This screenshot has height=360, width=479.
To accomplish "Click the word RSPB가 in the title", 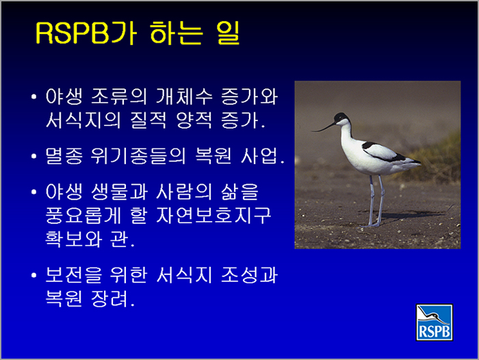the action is tap(86, 34).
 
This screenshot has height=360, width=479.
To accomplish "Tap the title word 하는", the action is tap(176, 33).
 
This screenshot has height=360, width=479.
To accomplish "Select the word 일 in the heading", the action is tap(228, 33).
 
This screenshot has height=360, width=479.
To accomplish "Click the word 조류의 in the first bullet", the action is tap(119, 97).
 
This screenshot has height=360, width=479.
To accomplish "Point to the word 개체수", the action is tap(184, 97).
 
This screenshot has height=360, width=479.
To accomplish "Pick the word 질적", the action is tap(148, 120).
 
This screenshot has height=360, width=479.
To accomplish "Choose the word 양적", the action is tap(194, 120).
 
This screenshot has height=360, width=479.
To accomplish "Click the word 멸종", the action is tap(64, 156).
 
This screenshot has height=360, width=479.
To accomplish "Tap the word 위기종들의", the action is tap(138, 156).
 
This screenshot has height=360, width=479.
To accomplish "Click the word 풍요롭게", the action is tap(83, 216).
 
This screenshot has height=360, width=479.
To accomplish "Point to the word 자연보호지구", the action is tap(213, 216).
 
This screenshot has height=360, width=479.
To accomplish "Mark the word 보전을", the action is tap(73, 274).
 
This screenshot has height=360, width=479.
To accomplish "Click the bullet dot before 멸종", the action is tap(34, 156).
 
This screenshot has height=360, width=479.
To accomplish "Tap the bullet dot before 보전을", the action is tap(34, 275).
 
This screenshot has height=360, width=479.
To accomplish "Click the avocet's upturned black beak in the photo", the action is tap(324, 128).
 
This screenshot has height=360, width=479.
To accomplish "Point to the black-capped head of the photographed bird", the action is tap(341, 118).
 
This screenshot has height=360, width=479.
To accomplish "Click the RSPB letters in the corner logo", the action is tap(434, 331).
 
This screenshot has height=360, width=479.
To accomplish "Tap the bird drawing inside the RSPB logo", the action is tap(433, 315).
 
